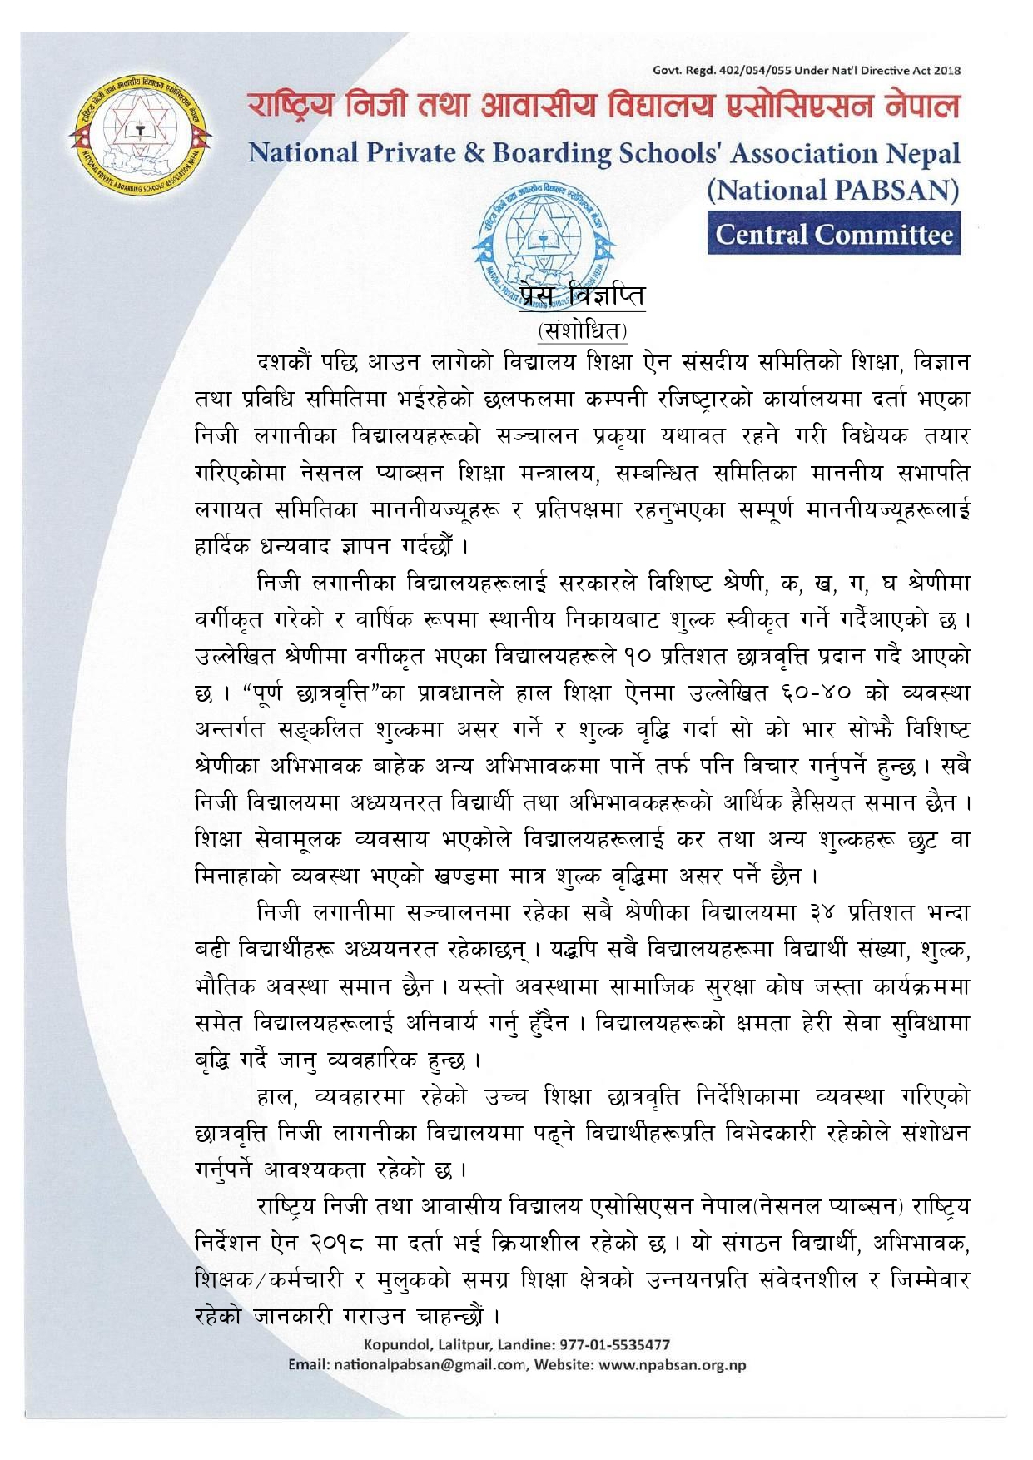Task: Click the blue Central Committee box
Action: click(x=833, y=234)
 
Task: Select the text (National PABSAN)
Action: click(x=832, y=191)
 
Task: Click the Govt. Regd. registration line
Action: click(x=806, y=71)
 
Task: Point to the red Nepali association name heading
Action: click(x=603, y=107)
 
